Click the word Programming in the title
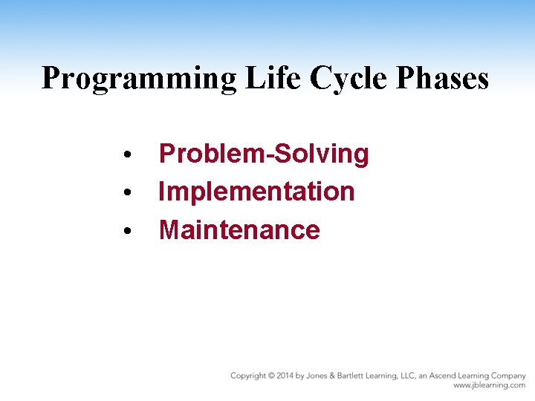click(137, 79)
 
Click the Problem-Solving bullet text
click(264, 154)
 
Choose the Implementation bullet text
click(256, 192)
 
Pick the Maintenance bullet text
click(239, 230)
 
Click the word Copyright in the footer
click(248, 376)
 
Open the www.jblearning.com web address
click(489, 386)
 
